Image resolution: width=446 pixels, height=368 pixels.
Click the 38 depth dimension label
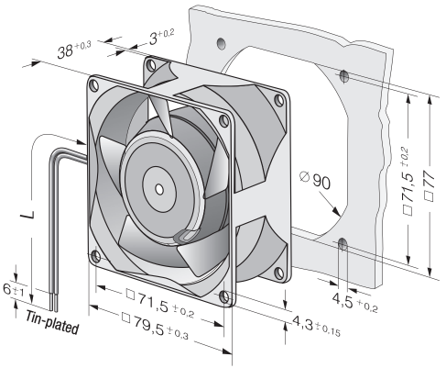tap(74, 50)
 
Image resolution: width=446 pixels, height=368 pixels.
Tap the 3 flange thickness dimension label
tap(161, 37)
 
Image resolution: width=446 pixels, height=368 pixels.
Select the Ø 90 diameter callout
tap(315, 181)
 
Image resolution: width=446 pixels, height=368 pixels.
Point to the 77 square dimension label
tap(429, 185)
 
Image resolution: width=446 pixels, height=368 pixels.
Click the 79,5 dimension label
tap(155, 325)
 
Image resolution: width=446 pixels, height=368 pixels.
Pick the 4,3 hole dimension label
tap(316, 326)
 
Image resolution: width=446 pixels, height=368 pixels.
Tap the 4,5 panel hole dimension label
tap(354, 301)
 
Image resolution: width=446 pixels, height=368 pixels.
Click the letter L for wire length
tap(27, 214)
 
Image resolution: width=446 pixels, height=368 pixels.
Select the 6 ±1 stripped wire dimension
tap(13, 290)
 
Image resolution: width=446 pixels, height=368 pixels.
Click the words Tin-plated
tap(52, 322)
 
